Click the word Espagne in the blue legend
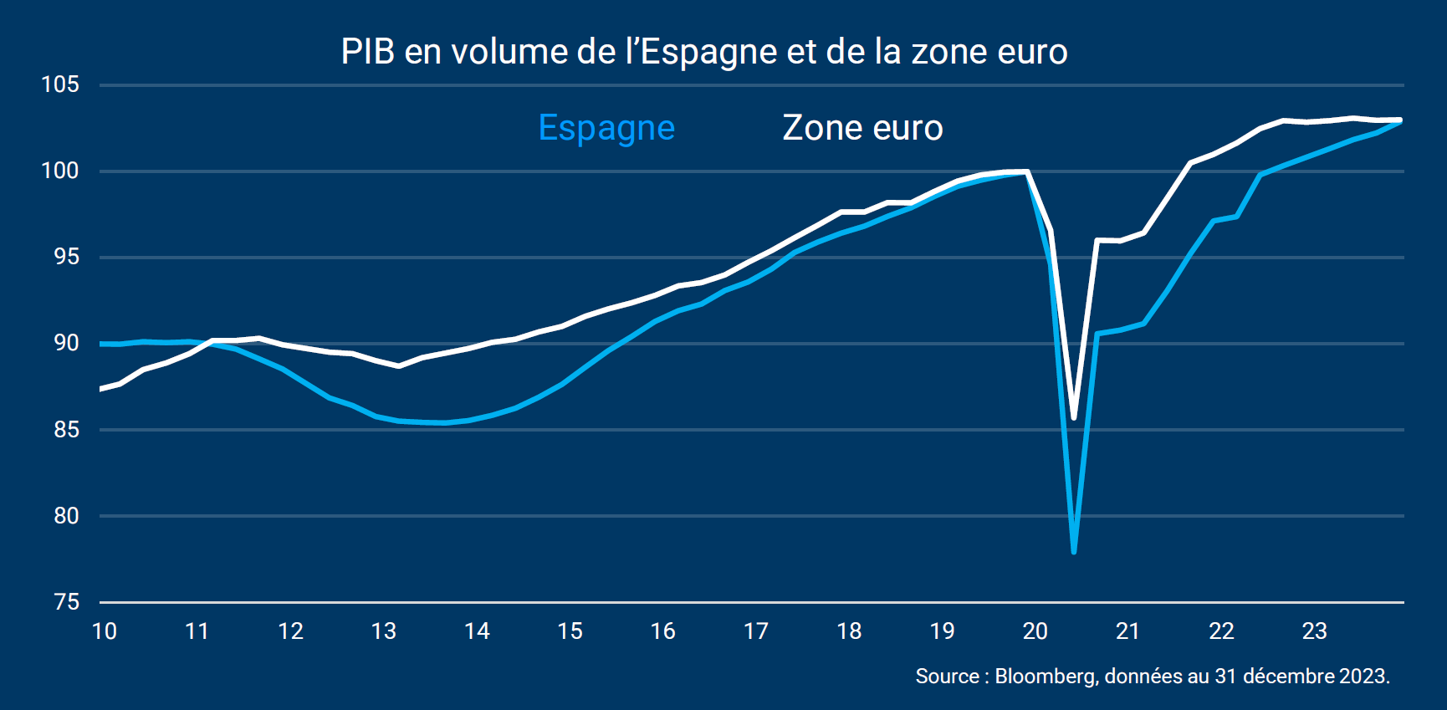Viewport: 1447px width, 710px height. pyautogui.click(x=606, y=129)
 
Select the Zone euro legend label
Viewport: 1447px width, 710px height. pyautogui.click(x=862, y=128)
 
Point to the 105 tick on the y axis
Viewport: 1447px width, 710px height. pyautogui.click(x=60, y=84)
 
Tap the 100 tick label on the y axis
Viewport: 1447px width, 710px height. pyautogui.click(x=60, y=171)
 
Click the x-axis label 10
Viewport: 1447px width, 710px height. pyautogui.click(x=105, y=631)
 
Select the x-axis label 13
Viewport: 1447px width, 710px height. pyautogui.click(x=384, y=631)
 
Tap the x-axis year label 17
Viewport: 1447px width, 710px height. pyautogui.click(x=756, y=631)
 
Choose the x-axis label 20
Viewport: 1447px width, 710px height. pyautogui.click(x=1035, y=631)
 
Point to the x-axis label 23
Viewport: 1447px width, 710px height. pyautogui.click(x=1315, y=631)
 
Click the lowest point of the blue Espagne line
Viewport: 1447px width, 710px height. pyautogui.click(x=1073, y=552)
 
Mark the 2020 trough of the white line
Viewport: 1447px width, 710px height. pyautogui.click(x=1073, y=418)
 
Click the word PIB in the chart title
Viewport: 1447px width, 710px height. pyautogui.click(x=368, y=52)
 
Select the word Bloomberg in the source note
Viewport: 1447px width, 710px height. pyautogui.click(x=1045, y=676)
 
